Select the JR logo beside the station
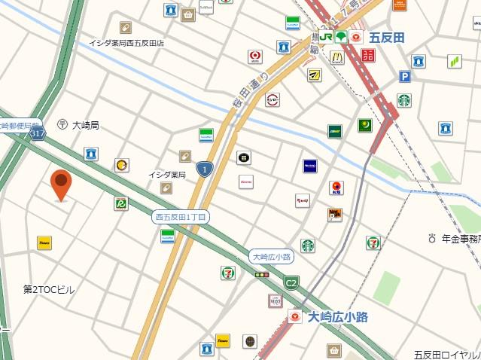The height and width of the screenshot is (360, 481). (326, 36)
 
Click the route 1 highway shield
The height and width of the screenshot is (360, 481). (203, 169)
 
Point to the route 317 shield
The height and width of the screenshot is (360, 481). (38, 133)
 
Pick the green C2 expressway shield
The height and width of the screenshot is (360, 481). (291, 282)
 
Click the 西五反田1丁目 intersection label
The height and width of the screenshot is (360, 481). (181, 217)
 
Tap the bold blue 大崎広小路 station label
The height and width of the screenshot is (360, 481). (338, 317)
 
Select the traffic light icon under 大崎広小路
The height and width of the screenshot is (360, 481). (262, 276)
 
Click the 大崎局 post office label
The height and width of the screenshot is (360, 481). (85, 125)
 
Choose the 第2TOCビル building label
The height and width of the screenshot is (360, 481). (49, 289)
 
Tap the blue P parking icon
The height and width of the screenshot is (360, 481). (405, 76)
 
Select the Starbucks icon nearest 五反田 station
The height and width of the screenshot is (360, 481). (404, 99)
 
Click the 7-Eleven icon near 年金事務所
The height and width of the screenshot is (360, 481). (373, 243)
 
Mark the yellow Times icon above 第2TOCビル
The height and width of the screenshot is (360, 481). (44, 243)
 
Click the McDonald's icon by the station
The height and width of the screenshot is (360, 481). (336, 57)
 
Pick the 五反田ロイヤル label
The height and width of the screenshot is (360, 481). (447, 354)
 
